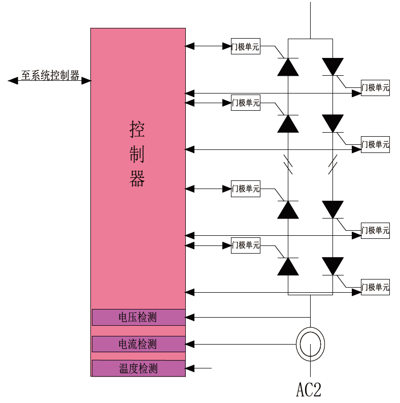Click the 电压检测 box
tap(138, 318)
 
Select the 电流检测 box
tap(138, 344)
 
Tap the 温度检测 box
tap(138, 368)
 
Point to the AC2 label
tap(309, 389)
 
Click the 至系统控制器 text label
tap(50, 76)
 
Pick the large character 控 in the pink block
tap(138, 130)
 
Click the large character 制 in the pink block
tap(138, 153)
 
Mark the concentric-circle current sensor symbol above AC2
tap(310, 344)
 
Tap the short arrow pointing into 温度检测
tap(198, 368)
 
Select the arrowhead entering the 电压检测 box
tap(190, 318)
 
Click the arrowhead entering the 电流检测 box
tap(190, 344)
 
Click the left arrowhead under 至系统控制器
tap(13, 80)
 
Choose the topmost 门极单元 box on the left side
tap(245, 47)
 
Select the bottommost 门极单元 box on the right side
tap(375, 287)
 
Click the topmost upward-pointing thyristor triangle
tap(288, 67)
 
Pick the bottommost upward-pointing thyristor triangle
tap(288, 266)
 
